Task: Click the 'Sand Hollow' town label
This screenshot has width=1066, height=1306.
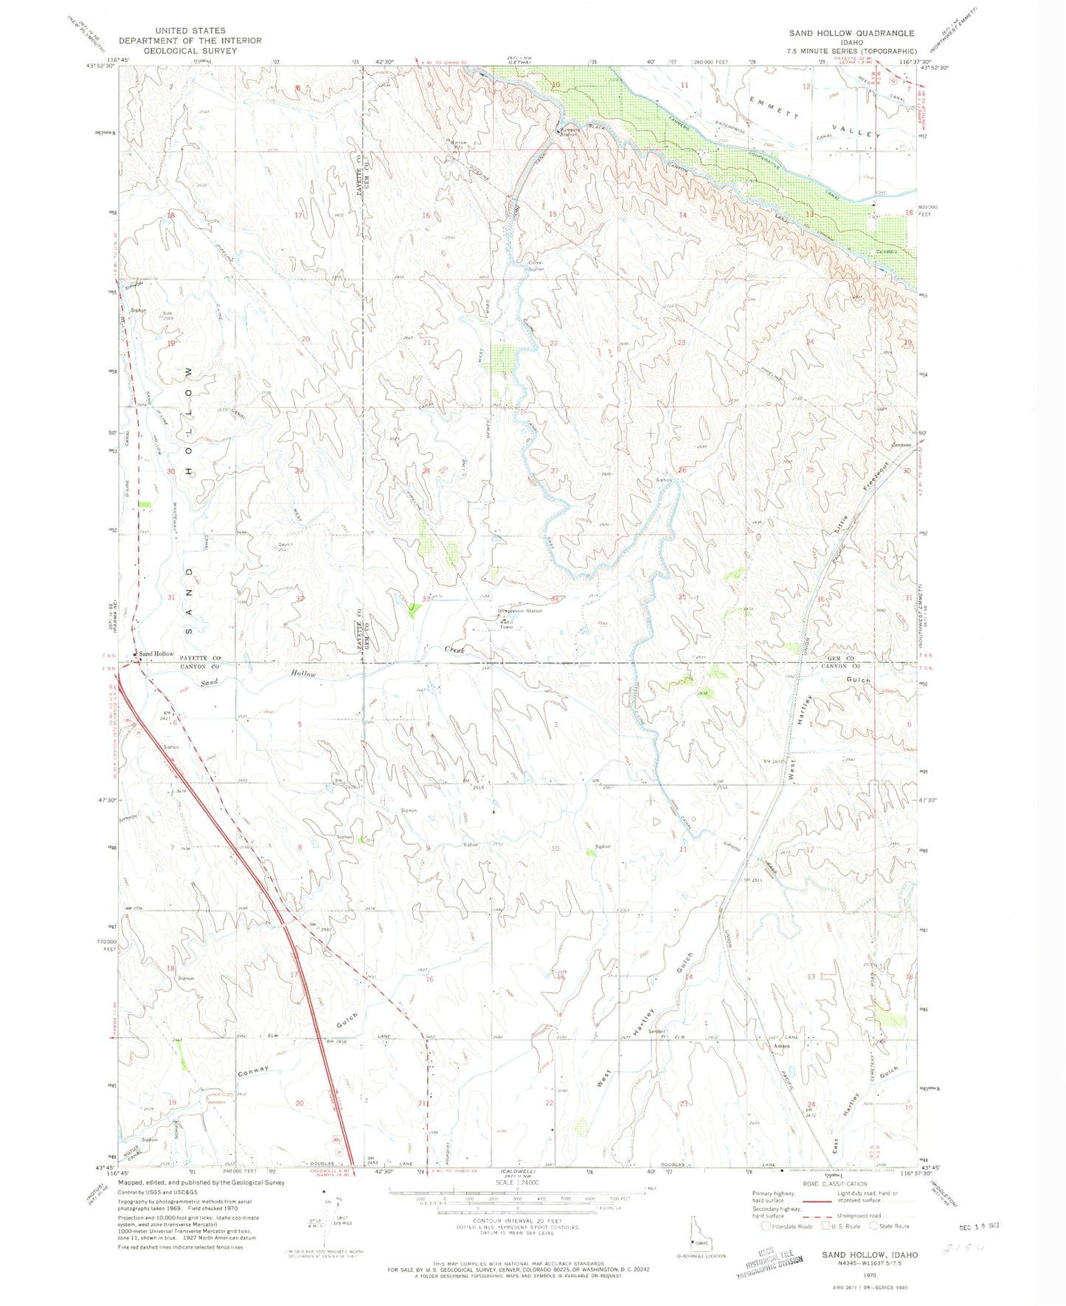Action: [x=156, y=653]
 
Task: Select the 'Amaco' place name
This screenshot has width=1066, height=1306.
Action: [x=781, y=1046]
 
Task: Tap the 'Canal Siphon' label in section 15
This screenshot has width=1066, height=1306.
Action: [x=536, y=265]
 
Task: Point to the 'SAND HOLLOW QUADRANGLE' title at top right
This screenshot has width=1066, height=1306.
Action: [x=851, y=33]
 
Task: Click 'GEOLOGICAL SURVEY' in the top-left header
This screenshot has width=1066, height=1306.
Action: [x=190, y=51]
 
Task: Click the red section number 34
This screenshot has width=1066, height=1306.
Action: [x=554, y=599]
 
